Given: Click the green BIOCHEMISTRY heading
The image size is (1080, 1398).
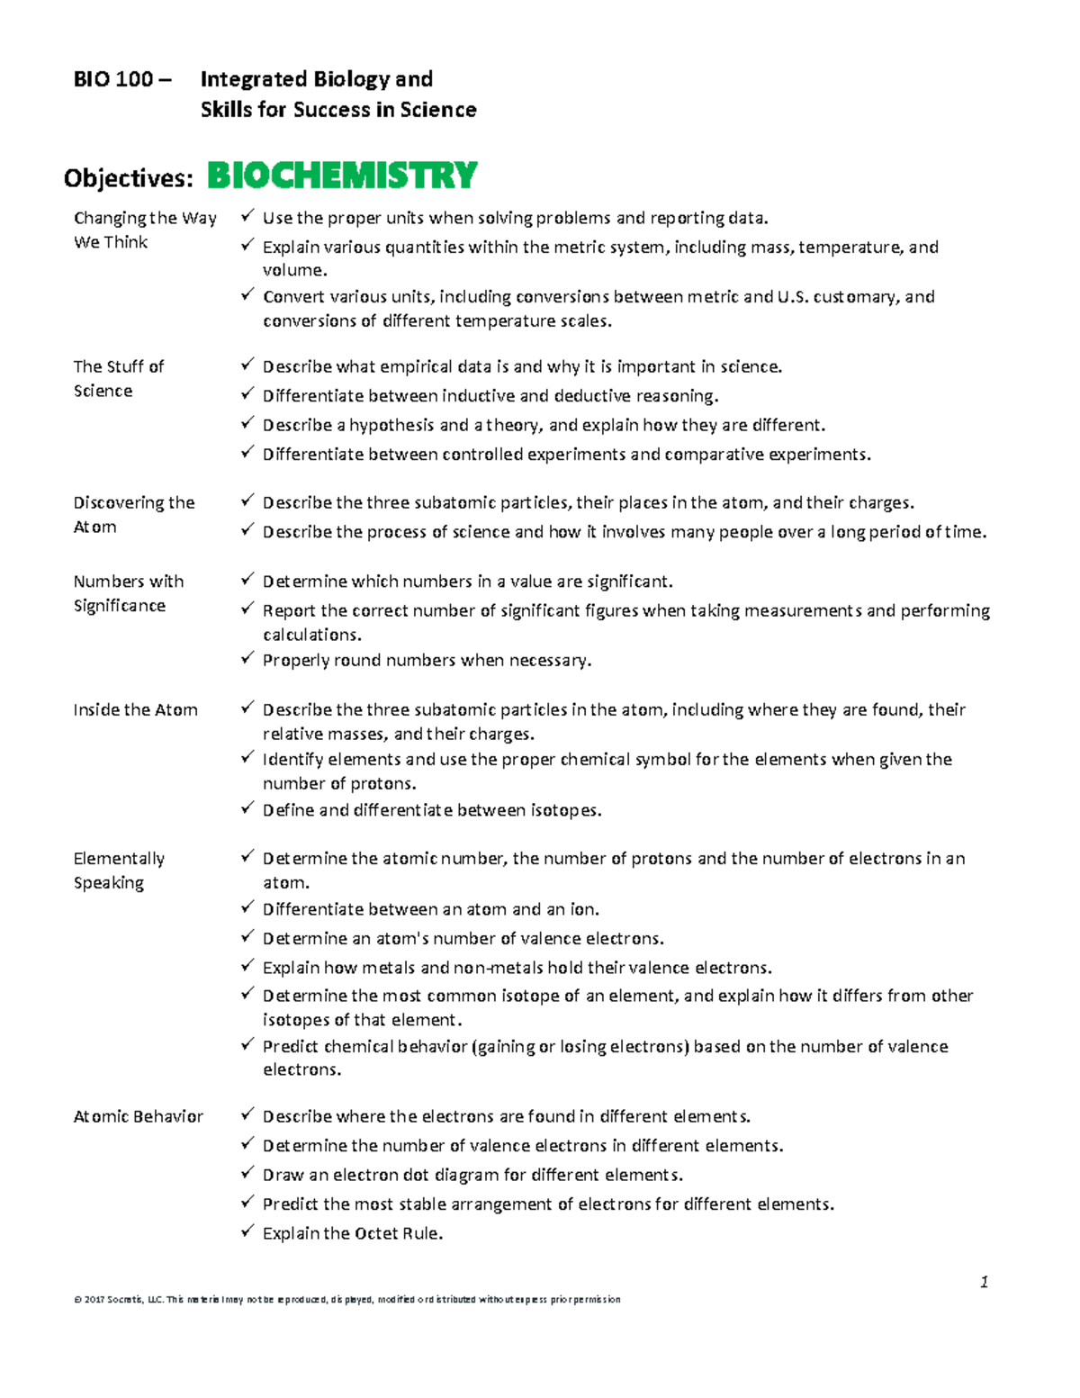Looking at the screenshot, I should [342, 176].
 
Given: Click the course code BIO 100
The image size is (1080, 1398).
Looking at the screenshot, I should [113, 79].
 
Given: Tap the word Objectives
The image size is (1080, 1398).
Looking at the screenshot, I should [127, 178].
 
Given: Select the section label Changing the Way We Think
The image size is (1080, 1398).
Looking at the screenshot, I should [144, 230].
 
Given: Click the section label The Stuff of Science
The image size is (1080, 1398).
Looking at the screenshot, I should [118, 378].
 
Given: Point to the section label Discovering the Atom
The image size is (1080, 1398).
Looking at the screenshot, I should [133, 514].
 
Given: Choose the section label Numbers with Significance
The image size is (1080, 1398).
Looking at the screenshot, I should [128, 593].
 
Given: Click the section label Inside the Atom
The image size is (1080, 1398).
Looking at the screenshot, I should [135, 709].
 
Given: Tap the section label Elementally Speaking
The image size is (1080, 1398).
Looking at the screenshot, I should [119, 870].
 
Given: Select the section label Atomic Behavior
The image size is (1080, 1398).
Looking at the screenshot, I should [138, 1116].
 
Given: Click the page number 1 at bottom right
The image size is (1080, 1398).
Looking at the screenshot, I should [984, 1282].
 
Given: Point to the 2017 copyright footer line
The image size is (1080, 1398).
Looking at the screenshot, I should [346, 1299].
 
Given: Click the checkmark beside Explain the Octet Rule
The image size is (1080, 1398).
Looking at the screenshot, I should [247, 1231].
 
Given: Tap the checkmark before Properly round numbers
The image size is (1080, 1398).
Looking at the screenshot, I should [247, 658].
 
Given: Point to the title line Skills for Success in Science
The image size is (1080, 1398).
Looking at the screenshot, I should [337, 110].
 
